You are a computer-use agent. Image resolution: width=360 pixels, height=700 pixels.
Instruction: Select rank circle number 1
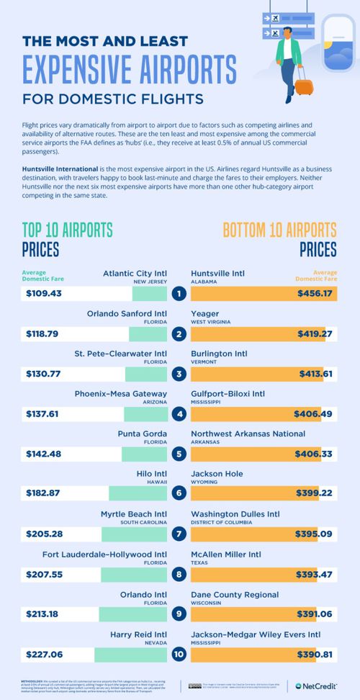(179, 293)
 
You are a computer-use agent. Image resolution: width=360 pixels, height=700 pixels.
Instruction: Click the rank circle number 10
(179, 655)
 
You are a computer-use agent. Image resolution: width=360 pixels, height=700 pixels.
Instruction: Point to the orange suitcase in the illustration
(305, 86)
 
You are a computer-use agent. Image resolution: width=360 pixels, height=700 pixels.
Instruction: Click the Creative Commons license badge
(194, 686)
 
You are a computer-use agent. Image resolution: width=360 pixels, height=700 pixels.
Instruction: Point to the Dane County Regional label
(235, 594)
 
